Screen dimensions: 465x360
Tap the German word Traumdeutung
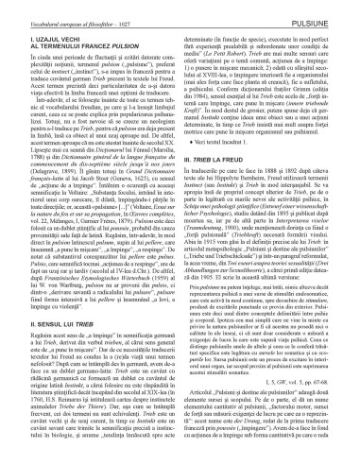pos(223,232)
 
